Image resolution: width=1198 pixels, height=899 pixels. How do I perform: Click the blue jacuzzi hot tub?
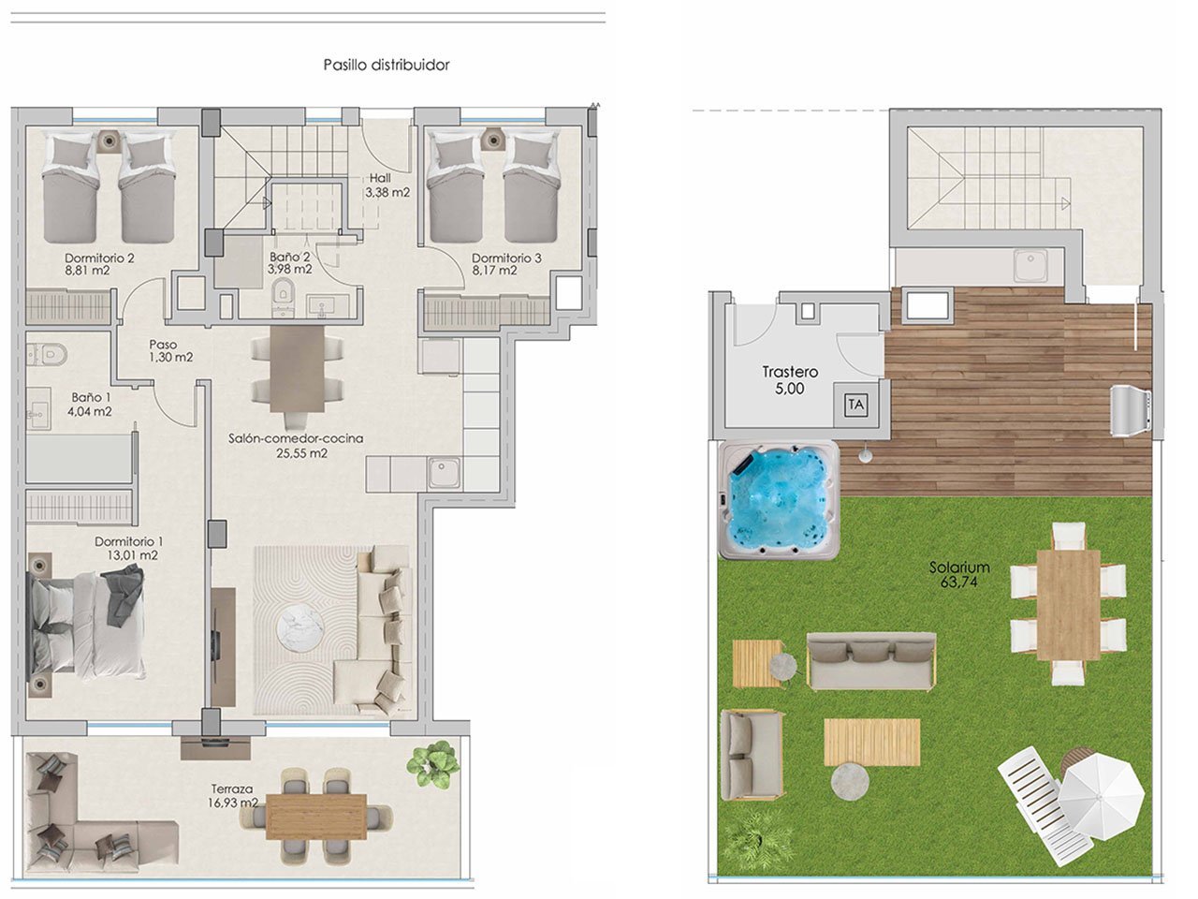pyautogui.click(x=778, y=500)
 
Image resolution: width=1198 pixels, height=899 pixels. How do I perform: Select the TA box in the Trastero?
pyautogui.click(x=855, y=405)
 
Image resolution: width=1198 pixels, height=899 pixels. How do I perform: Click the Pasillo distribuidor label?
pyautogui.click(x=387, y=65)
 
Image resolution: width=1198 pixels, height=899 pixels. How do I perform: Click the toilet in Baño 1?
pyautogui.click(x=49, y=353)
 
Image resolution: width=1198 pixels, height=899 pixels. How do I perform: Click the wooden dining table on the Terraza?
pyautogui.click(x=316, y=816)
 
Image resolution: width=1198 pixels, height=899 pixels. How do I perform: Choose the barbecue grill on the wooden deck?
pyautogui.click(x=1129, y=410)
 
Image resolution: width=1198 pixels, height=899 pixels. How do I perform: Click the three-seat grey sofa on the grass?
pyautogui.click(x=870, y=661)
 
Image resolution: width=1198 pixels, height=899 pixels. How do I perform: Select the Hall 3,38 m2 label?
pyautogui.click(x=387, y=185)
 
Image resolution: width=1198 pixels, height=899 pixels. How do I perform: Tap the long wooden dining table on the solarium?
pyautogui.click(x=1068, y=604)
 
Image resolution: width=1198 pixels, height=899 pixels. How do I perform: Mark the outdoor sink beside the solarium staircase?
pyautogui.click(x=1034, y=265)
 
